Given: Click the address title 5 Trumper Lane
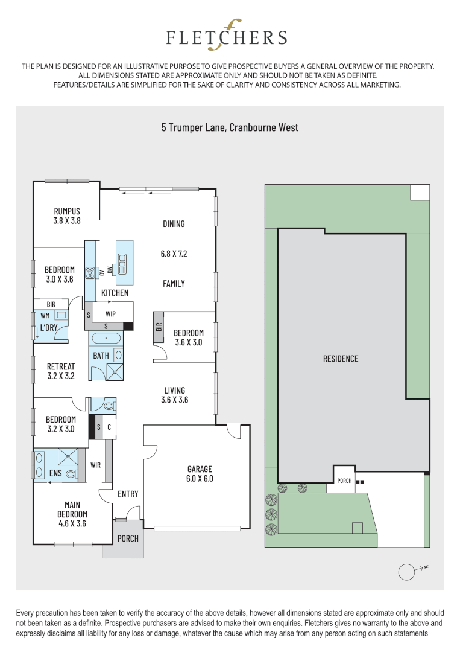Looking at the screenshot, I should tap(229, 127).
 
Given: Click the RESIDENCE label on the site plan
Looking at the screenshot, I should tap(340, 359).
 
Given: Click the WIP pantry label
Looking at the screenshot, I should tap(111, 315).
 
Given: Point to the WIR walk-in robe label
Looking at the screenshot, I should tap(95, 465).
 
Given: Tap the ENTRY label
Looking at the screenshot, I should tap(128, 494).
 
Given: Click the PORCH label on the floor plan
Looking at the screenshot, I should tap(127, 538).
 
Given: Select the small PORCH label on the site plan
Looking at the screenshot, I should tap(344, 481).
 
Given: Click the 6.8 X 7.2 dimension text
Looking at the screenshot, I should tap(174, 254).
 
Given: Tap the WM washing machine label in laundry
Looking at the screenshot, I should tap(45, 315).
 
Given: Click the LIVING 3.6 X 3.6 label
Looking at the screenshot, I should tap(174, 395).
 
